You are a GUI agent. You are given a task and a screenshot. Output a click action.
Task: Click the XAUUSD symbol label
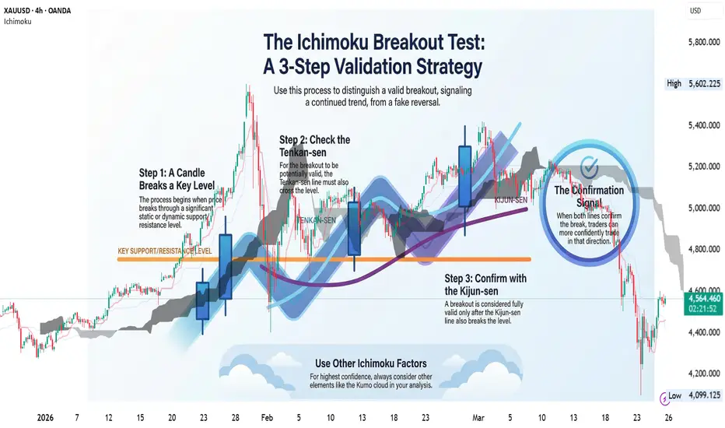click(x=16, y=11)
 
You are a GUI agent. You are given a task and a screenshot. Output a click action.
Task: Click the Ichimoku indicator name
click(x=18, y=21)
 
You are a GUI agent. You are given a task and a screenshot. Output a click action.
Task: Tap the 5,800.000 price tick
click(x=704, y=42)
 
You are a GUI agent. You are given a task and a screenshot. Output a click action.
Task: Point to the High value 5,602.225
click(x=704, y=84)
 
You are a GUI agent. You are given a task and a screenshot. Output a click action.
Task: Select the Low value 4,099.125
click(x=704, y=395)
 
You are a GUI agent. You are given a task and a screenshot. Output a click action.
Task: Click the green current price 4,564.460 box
click(x=703, y=304)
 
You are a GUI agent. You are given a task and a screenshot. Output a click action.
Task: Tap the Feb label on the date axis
click(x=267, y=417)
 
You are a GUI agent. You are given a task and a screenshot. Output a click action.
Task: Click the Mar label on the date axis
click(x=478, y=417)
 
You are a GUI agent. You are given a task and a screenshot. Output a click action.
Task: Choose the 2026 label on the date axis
click(x=45, y=417)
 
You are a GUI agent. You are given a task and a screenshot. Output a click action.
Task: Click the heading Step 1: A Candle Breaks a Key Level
click(x=177, y=179)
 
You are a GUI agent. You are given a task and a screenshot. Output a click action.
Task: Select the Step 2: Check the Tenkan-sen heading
click(x=314, y=146)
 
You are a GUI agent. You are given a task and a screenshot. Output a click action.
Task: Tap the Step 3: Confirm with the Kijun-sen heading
click(x=485, y=285)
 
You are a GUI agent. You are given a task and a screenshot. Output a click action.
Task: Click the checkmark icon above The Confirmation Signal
click(x=589, y=167)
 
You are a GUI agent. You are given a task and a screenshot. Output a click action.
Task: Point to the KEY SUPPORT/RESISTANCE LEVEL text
click(x=165, y=251)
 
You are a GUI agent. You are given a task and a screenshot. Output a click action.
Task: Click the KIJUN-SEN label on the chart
click(x=511, y=200)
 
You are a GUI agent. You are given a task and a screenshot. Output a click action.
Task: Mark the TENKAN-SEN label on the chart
click(x=317, y=220)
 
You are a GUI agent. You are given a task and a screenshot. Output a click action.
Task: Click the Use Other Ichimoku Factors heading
click(x=371, y=363)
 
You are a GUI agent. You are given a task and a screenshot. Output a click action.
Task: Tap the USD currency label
click(x=695, y=11)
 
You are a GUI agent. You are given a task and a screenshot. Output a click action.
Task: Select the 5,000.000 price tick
click(x=704, y=208)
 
